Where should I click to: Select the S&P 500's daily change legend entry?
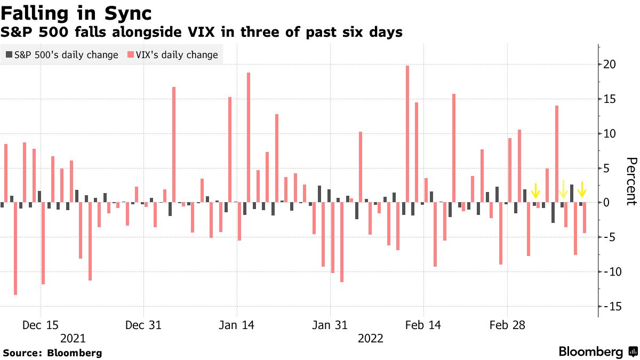[x=62, y=55]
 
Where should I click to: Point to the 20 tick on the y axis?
[x=610, y=65]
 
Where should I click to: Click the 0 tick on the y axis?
[x=606, y=203]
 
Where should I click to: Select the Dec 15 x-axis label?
[x=41, y=325]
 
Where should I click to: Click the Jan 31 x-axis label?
[x=330, y=325]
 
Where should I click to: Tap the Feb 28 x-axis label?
[x=506, y=325]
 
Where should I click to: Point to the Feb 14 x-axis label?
[x=423, y=325]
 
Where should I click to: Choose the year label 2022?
[x=370, y=338]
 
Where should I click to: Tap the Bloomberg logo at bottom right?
[x=597, y=351]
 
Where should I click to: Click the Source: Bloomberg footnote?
[x=52, y=353]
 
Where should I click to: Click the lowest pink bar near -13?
[x=15, y=248]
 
